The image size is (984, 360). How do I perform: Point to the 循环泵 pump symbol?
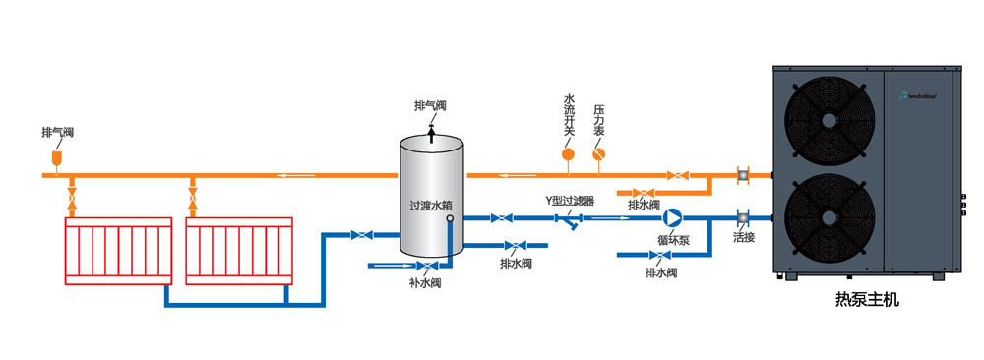click(672, 217)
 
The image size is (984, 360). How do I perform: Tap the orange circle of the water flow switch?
click(568, 153)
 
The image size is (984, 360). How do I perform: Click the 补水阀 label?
click(425, 283)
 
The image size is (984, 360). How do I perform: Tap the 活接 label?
click(744, 237)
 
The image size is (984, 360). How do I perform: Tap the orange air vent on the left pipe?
click(57, 157)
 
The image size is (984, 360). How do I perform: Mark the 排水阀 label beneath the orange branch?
click(643, 205)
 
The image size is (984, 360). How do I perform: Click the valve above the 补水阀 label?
click(424, 266)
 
